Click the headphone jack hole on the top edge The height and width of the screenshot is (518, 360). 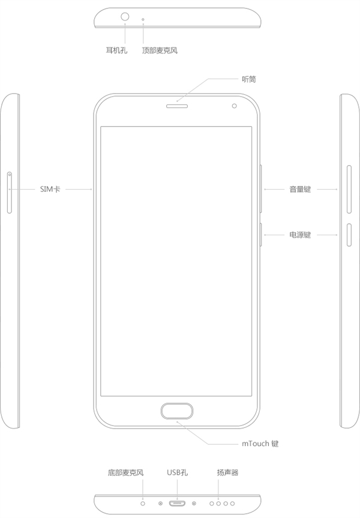(125, 17)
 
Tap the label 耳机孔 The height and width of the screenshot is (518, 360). (116, 50)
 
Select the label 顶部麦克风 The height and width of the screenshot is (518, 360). (160, 50)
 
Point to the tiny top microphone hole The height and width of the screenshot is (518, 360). (143, 19)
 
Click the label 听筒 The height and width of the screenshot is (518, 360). (248, 79)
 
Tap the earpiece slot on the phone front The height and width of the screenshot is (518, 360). (176, 106)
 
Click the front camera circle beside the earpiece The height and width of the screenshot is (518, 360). (234, 106)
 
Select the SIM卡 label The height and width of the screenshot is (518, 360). (50, 189)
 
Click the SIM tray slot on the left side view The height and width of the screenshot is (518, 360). (10, 193)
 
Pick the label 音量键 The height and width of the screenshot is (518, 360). (300, 189)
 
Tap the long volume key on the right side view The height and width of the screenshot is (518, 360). (349, 190)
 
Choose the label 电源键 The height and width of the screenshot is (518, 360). (300, 235)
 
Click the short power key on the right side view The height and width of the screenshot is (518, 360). (349, 235)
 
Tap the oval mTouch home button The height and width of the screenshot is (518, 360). (176, 411)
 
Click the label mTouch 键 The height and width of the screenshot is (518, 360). (260, 444)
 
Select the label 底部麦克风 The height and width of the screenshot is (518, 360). (125, 472)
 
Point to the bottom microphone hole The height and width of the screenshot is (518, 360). (143, 504)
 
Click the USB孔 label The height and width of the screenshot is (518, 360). (178, 472)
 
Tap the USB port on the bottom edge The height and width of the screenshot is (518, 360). (177, 504)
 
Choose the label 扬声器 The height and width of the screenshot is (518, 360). (227, 472)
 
